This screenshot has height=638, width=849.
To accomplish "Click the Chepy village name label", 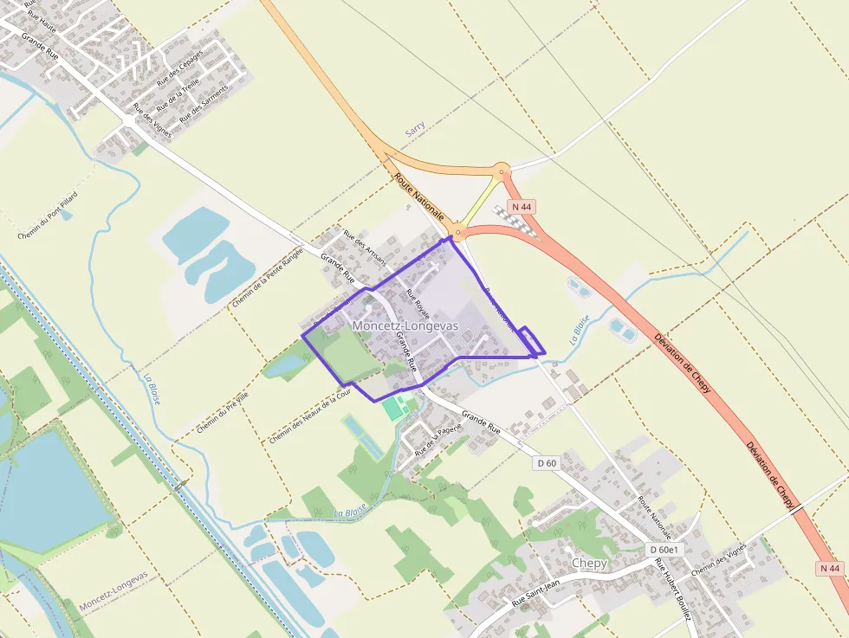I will [x=589, y=563].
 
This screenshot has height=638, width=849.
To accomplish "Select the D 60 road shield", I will [x=547, y=464].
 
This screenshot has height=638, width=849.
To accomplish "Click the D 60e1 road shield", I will [x=665, y=550].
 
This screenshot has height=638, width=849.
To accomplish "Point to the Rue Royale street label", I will [x=418, y=305].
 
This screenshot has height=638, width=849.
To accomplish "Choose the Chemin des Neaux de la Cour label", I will [x=309, y=415].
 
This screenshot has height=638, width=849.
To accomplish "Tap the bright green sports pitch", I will [x=394, y=408].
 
